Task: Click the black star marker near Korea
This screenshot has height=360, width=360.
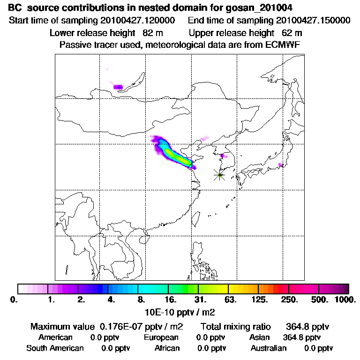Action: (219, 175)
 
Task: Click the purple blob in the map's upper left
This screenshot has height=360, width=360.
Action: (118, 87)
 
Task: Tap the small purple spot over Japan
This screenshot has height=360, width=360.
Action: (280, 165)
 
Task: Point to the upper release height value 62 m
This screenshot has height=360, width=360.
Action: (292, 33)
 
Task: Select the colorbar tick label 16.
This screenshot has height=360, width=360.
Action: (170, 299)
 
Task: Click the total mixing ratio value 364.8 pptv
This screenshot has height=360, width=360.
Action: (304, 326)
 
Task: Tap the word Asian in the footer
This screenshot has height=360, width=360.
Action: (261, 337)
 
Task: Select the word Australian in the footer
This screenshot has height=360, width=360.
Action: (269, 348)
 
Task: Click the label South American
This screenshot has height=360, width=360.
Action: (55, 348)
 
